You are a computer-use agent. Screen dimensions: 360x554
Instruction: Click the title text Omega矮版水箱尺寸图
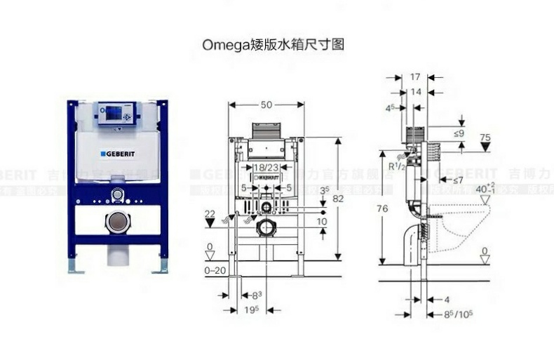click(x=274, y=44)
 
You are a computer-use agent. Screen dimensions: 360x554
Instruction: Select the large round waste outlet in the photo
click(x=116, y=223)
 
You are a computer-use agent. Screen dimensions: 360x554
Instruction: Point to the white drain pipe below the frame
click(x=116, y=254)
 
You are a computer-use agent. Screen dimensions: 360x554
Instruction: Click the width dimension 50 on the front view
click(x=266, y=105)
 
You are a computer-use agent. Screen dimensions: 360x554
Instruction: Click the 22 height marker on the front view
click(x=210, y=213)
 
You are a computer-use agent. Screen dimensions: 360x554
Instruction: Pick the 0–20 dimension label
click(x=216, y=270)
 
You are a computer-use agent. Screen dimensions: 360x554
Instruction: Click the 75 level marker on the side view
click(x=485, y=137)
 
